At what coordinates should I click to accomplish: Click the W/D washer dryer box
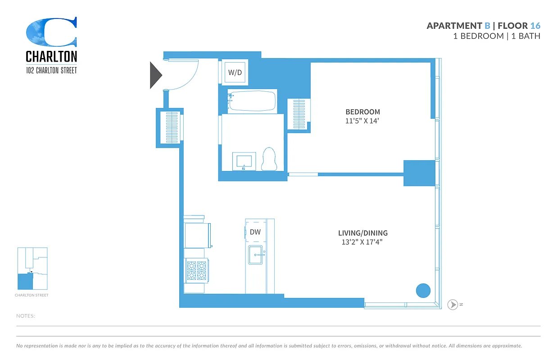(x=235, y=72)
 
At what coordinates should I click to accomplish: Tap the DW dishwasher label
(x=255, y=232)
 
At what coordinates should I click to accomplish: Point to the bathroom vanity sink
(x=244, y=161)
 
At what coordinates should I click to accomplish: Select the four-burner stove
(x=196, y=271)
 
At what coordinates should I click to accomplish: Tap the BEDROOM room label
(x=362, y=112)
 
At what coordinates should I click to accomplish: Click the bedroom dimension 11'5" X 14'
(x=362, y=121)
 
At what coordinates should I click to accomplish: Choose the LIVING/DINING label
(x=362, y=233)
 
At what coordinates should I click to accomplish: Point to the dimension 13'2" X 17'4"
(x=362, y=242)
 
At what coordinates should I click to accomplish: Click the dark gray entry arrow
(x=155, y=75)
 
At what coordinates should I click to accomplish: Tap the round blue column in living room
(x=423, y=290)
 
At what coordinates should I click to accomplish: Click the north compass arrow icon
(x=453, y=305)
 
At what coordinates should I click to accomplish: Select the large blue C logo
(x=51, y=32)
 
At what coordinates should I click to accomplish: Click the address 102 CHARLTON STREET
(x=51, y=70)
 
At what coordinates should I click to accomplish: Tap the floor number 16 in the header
(x=535, y=26)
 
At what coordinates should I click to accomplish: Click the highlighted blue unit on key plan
(x=25, y=282)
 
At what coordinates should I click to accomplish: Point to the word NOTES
(x=26, y=316)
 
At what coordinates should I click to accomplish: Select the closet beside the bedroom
(x=299, y=114)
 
